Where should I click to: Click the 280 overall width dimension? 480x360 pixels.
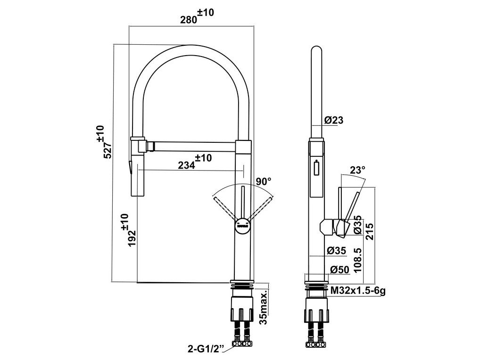[x=197, y=16]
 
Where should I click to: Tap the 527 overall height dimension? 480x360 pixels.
[x=105, y=142]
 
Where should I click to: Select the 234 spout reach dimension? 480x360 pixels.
[x=195, y=162]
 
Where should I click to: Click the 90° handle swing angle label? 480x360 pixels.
[x=264, y=182]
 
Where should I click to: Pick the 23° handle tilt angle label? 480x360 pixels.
[x=357, y=170]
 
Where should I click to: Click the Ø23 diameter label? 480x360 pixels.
[x=334, y=120]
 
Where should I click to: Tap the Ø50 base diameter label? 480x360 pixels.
[x=340, y=270]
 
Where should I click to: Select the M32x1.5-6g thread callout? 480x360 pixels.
[x=358, y=291]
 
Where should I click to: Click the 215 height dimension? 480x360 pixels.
[x=370, y=231]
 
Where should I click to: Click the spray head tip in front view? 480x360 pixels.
[x=130, y=167]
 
